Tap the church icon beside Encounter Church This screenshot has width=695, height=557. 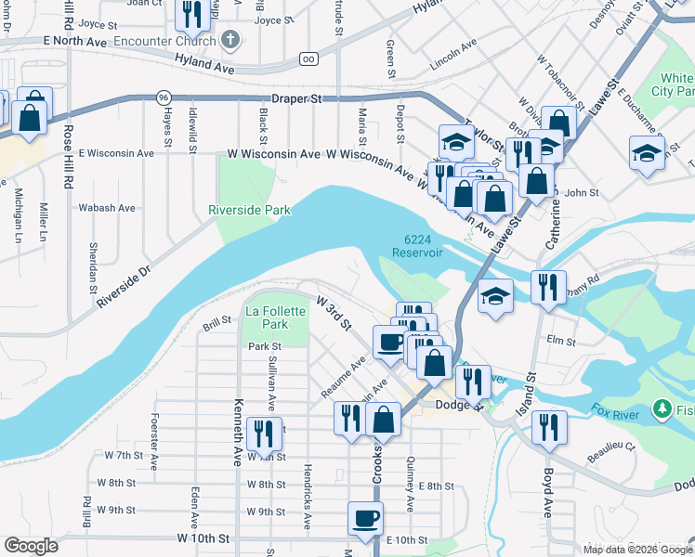click(231, 41)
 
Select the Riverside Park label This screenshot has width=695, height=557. click(249, 211)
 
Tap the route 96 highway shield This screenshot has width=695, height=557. click(164, 97)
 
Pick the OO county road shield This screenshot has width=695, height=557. click(308, 58)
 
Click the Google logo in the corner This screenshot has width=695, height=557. click(31, 545)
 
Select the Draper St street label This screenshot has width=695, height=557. click(296, 98)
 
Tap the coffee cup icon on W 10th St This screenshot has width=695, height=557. click(365, 516)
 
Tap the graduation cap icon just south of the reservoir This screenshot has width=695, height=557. click(496, 296)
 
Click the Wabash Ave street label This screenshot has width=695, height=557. click(107, 208)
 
